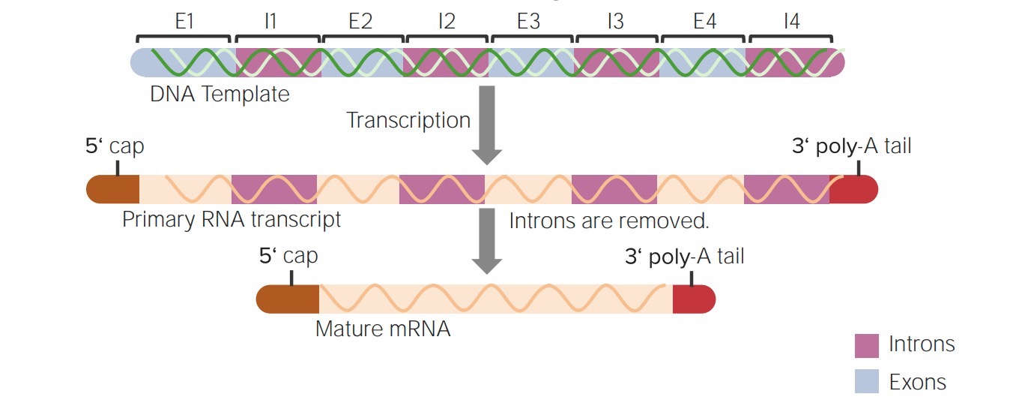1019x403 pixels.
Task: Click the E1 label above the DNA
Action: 184,22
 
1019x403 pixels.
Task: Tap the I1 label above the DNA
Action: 270,22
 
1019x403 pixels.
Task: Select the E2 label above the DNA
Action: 360,22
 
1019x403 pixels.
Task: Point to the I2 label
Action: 447,22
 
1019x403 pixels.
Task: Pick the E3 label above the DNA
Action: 528,22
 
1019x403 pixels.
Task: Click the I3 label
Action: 615,22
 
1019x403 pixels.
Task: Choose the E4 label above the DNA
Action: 704,22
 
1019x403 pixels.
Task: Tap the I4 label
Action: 791,22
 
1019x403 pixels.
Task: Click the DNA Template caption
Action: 220,95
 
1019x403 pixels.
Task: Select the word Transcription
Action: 408,120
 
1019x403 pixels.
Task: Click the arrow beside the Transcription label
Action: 487,125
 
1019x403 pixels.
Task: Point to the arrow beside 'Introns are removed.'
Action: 487,240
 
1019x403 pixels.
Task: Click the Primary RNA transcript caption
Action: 232,220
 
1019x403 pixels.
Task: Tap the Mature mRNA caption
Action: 383,329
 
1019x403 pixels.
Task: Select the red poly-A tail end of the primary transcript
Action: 853,189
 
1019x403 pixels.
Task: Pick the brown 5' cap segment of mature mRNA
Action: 288,299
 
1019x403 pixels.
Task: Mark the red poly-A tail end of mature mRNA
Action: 693,299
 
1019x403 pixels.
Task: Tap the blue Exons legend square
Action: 866,382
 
